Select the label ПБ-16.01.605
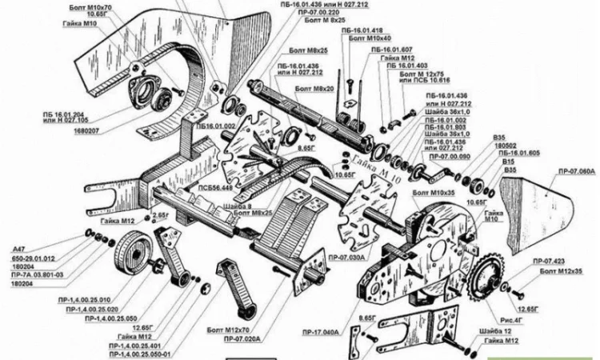point(519,154)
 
